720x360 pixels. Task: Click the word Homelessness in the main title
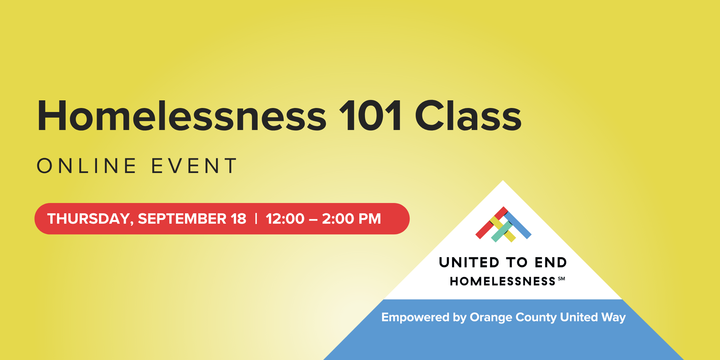pyautogui.click(x=182, y=116)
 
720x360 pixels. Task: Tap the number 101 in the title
pyautogui.click(x=370, y=116)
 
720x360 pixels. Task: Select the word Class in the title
pyautogui.click(x=468, y=116)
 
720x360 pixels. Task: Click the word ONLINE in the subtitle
pyautogui.click(x=87, y=166)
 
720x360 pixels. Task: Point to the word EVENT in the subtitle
pyautogui.click(x=194, y=166)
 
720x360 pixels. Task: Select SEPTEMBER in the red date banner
pyautogui.click(x=182, y=219)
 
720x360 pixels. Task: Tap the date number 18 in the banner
pyautogui.click(x=238, y=219)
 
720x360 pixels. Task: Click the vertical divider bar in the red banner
pyautogui.click(x=256, y=219)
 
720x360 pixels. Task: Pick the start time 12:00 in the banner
pyautogui.click(x=285, y=219)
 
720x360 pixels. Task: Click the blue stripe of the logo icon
pyautogui.click(x=518, y=226)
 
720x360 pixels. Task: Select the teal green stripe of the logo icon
pyautogui.click(x=502, y=232)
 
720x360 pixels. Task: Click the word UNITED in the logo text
pyautogui.click(x=469, y=262)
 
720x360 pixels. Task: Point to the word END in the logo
pyautogui.click(x=551, y=262)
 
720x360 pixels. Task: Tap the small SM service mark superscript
pyautogui.click(x=561, y=279)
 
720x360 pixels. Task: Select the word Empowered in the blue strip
pyautogui.click(x=415, y=318)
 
